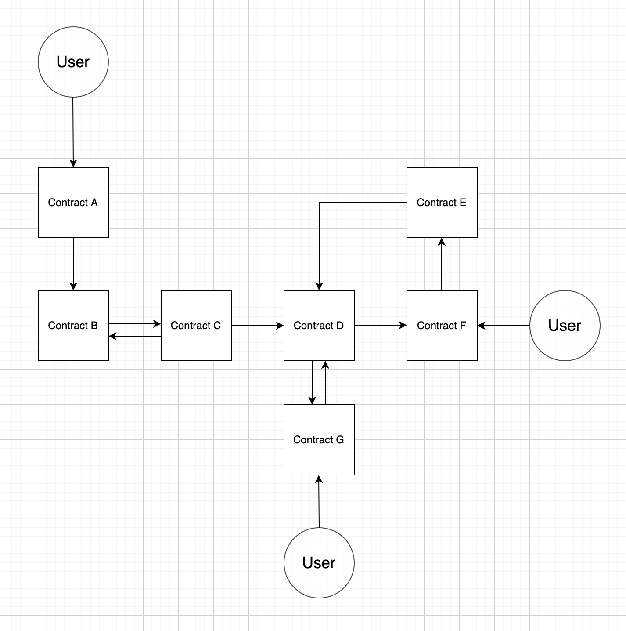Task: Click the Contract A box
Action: point(73,203)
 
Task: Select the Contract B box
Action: point(73,326)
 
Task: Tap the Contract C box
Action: point(196,326)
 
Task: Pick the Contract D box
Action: point(319,326)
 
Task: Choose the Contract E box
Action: point(442,203)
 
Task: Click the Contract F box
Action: point(442,326)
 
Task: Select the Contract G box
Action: point(319,440)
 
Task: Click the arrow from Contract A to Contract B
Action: point(73,264)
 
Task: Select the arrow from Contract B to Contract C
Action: point(134,324)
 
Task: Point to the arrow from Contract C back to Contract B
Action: point(134,336)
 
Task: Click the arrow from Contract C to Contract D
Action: point(258,326)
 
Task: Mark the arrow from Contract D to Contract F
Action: point(380,325)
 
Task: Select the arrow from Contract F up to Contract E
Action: point(442,264)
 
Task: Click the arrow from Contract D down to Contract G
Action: point(312,382)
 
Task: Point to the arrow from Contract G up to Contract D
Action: point(325,382)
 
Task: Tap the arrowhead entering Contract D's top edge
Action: point(319,286)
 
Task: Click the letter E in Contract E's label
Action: point(463,203)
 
